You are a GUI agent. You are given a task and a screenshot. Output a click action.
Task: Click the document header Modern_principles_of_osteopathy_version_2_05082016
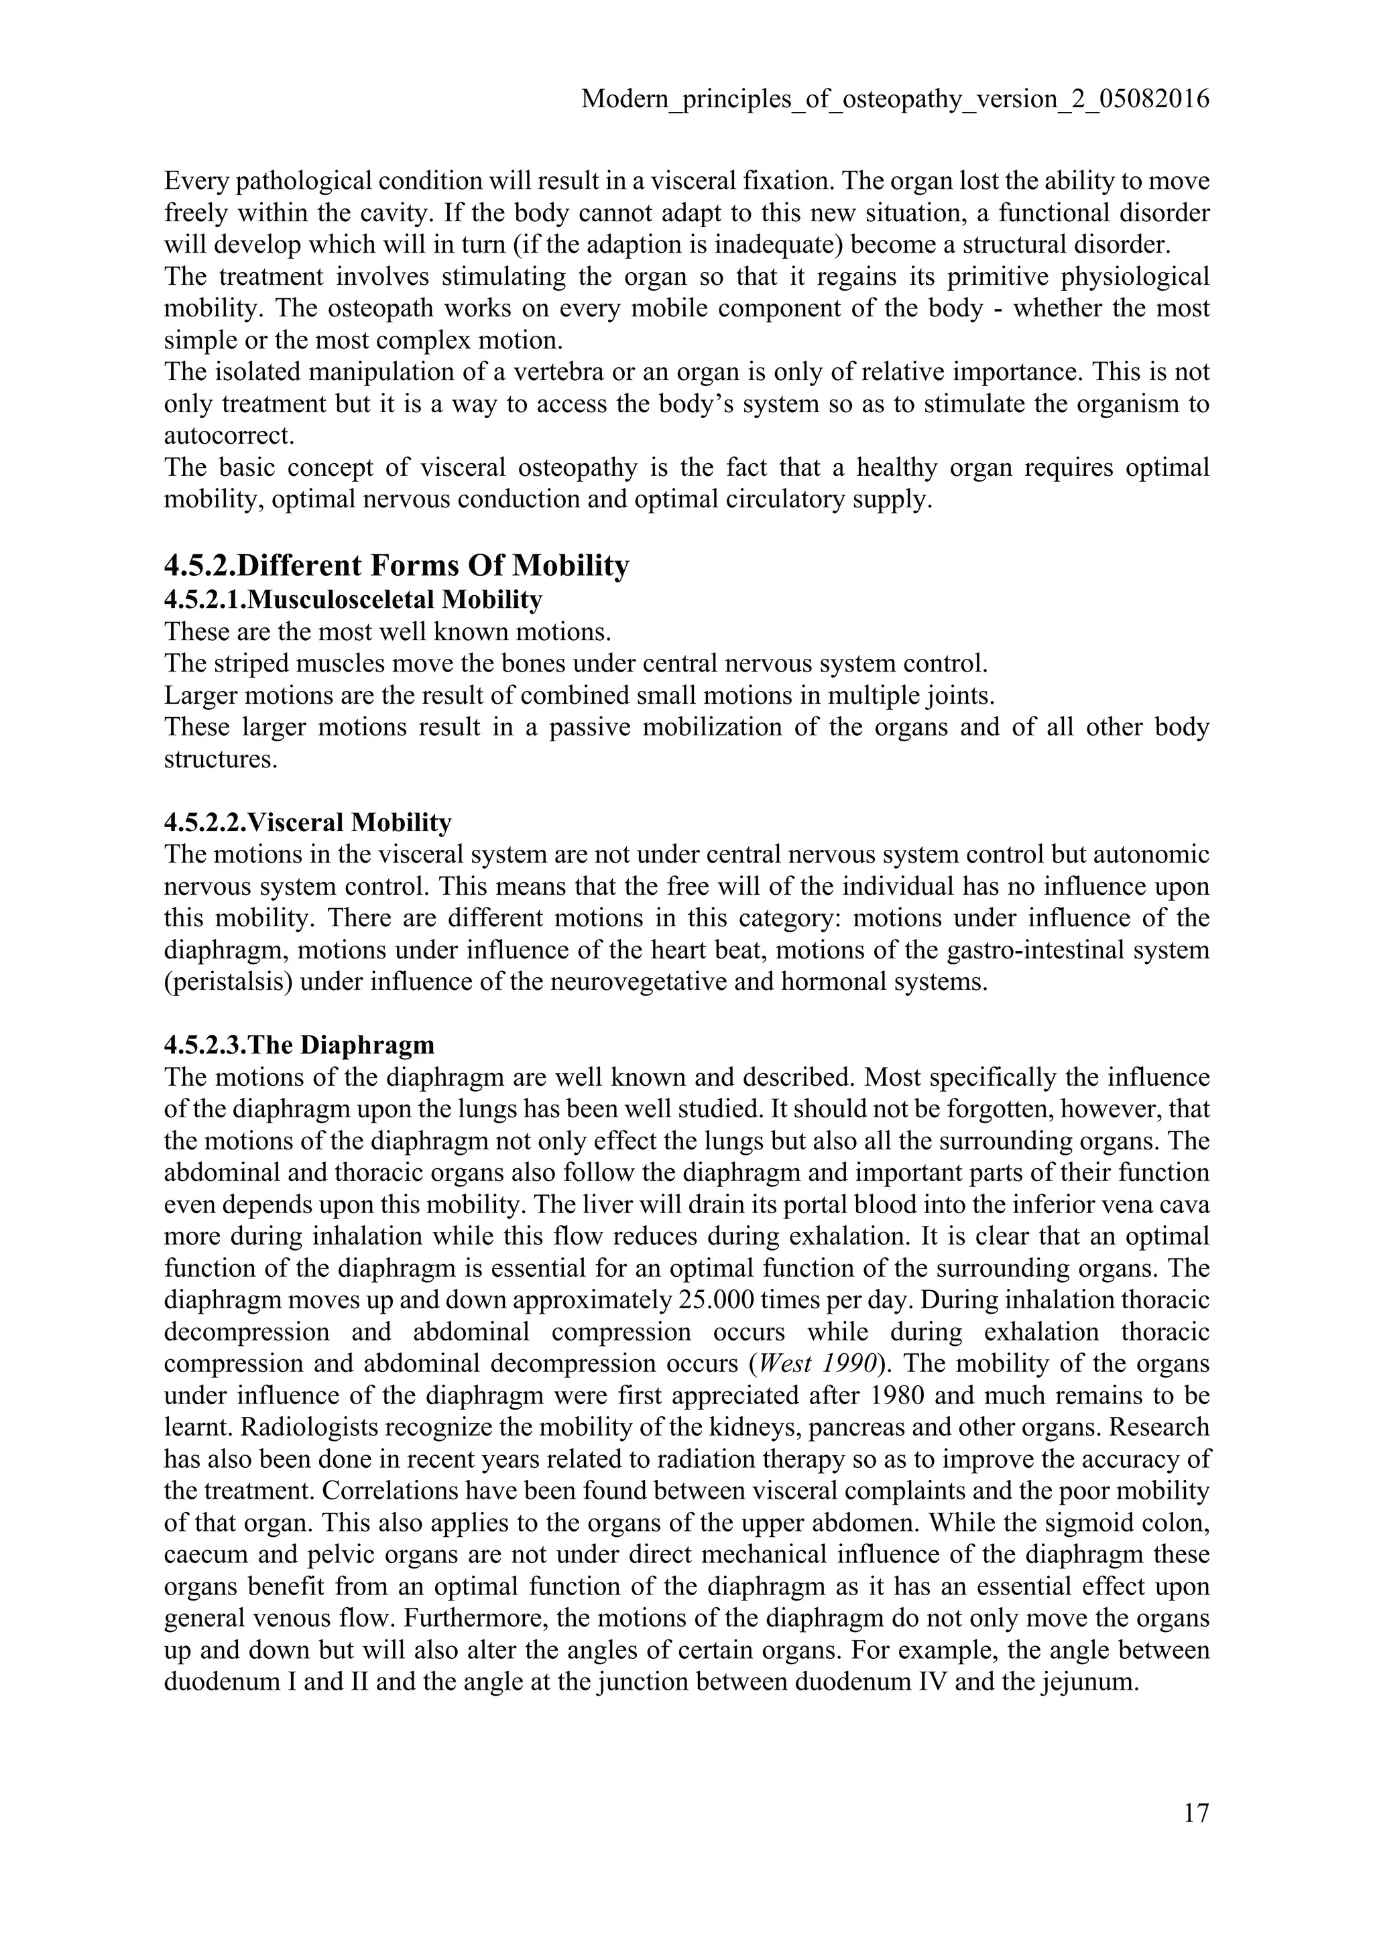pyautogui.click(x=895, y=100)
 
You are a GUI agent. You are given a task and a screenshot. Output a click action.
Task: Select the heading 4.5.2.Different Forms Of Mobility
pyautogui.click(x=396, y=565)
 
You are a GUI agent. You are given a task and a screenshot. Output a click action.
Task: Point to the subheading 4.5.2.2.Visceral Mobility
pyautogui.click(x=308, y=822)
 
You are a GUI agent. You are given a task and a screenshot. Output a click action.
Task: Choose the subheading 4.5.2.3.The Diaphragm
pyautogui.click(x=299, y=1045)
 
